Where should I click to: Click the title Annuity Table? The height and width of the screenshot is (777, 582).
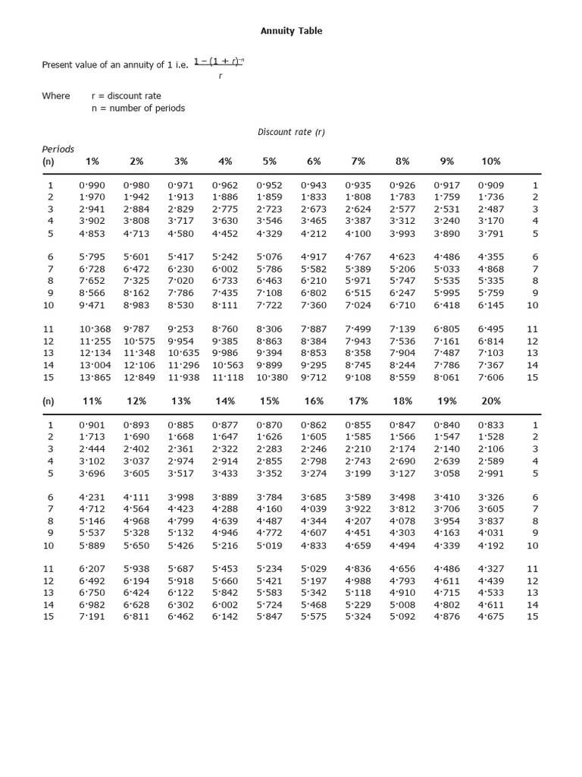point(291,31)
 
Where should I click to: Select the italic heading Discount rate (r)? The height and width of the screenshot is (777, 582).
point(291,132)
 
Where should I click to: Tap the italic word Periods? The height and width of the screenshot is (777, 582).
point(58,149)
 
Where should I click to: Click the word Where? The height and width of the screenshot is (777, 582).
point(55,96)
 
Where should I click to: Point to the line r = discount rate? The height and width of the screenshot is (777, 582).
point(127,96)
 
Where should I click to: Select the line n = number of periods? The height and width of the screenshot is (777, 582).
point(138,109)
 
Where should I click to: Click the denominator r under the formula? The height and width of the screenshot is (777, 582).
point(220,76)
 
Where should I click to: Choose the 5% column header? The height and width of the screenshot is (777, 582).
point(270,162)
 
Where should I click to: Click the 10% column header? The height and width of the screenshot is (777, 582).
point(491,162)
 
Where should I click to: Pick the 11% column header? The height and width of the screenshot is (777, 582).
point(92,401)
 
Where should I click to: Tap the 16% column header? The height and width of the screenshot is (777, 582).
point(314,401)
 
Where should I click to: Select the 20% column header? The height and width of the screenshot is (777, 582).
point(491,401)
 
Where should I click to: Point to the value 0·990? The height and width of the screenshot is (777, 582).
point(92,185)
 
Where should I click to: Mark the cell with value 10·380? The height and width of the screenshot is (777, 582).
point(270,377)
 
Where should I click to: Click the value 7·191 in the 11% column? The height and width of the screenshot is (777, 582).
point(92,617)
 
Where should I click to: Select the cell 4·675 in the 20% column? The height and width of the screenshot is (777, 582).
point(491,617)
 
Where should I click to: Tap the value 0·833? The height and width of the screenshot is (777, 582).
point(491,425)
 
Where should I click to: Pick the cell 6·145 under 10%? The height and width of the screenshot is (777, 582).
point(491,305)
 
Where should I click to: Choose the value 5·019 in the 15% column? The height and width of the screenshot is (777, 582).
point(270,545)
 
